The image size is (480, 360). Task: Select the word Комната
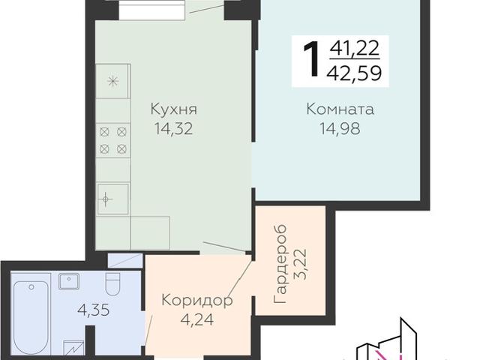340,110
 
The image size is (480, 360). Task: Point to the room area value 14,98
340,128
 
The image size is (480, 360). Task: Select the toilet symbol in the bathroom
112,284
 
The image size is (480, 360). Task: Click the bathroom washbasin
70,282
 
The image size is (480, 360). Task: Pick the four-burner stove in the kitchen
113,140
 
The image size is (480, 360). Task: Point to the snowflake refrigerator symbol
112,81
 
